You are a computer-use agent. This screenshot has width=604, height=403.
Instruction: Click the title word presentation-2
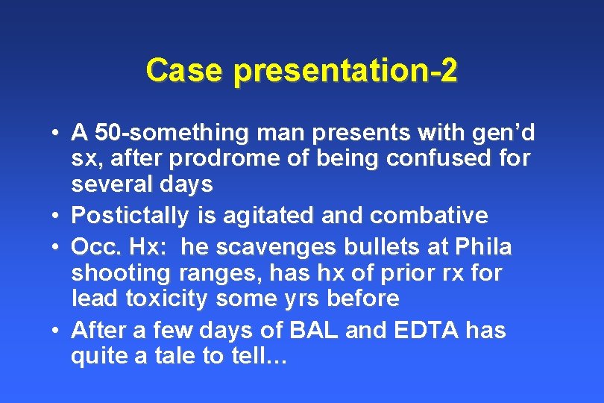(345, 72)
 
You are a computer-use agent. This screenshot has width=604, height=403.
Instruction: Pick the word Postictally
(130, 216)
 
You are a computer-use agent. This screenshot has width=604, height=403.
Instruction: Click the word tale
(173, 357)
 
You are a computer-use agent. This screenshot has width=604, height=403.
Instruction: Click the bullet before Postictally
(57, 216)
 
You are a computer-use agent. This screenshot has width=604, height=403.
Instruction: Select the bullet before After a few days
(57, 329)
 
